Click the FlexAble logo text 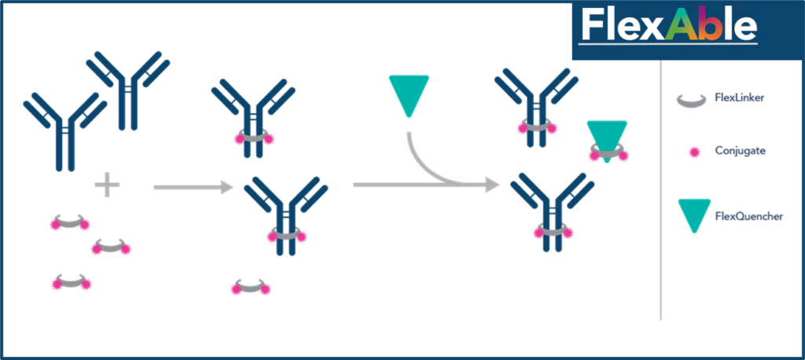pyautogui.click(x=668, y=26)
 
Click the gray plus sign pyautogui.click(x=107, y=186)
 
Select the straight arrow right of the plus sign pyautogui.click(x=192, y=187)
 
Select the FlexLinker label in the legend pyautogui.click(x=740, y=98)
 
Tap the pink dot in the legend pyautogui.click(x=694, y=152)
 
